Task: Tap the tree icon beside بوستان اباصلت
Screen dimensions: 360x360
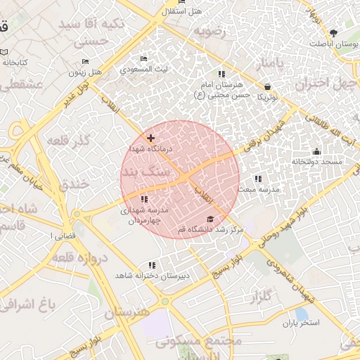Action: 334,33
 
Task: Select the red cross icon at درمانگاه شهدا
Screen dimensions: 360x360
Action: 151,138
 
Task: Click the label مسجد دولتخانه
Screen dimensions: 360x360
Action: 316,162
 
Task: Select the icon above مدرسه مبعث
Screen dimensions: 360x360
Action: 258,179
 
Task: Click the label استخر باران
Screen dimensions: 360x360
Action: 301,323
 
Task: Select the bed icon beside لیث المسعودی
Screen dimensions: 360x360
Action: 144,58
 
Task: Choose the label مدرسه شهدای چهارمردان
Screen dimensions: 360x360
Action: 143,215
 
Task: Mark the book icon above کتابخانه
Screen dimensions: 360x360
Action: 5,52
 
